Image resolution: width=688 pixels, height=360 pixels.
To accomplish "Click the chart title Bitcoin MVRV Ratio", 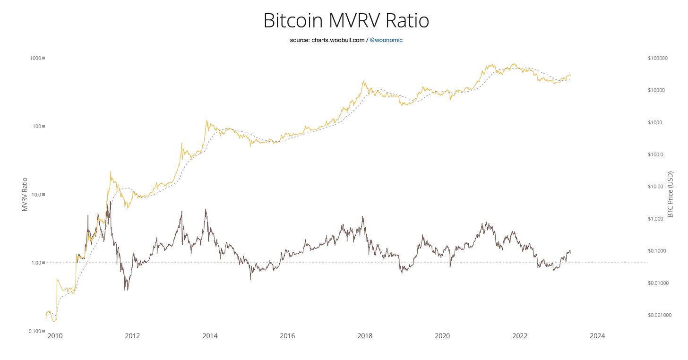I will (345, 21).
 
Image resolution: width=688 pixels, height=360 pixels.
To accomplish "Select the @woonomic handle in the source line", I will (386, 40).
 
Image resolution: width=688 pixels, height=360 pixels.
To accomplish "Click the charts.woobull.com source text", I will (338, 40).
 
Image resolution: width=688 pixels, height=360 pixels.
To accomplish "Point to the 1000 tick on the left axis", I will (36, 58).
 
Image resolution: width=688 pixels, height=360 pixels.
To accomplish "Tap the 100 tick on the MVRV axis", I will (37, 126).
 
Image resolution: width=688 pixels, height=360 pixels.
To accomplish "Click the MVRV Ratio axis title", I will (25, 194).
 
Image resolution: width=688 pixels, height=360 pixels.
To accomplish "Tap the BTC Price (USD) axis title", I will (670, 194).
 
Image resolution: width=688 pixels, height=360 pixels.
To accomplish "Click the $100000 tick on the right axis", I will (657, 58).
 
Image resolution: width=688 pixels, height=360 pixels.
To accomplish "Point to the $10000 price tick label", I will (658, 90).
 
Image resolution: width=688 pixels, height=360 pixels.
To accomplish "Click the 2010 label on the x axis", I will (55, 336).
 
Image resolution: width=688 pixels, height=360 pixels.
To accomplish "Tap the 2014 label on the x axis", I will (210, 336).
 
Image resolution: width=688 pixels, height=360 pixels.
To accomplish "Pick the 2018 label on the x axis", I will (365, 336).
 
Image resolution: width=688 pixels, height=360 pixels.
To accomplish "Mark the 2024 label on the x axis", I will (597, 336).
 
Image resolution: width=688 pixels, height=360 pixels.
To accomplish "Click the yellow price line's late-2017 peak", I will (362, 81).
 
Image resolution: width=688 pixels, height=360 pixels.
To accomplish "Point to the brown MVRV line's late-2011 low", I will (125, 290).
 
